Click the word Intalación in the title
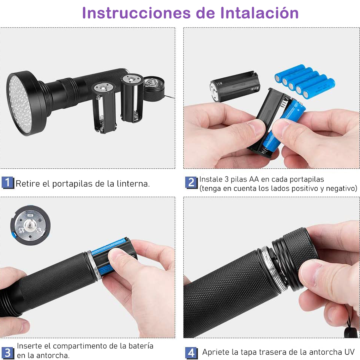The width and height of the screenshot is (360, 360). (259, 13)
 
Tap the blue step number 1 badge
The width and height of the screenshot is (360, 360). (8, 183)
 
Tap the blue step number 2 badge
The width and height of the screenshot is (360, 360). (191, 183)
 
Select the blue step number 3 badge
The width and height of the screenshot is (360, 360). (8, 353)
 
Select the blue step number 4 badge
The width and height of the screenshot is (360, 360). (191, 352)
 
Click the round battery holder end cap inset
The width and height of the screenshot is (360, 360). (30, 225)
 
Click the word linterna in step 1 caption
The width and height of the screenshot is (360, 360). (133, 184)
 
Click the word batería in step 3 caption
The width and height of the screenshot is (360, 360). (141, 346)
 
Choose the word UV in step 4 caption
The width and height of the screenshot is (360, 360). (349, 352)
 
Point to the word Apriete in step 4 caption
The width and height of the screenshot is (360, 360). (216, 352)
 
